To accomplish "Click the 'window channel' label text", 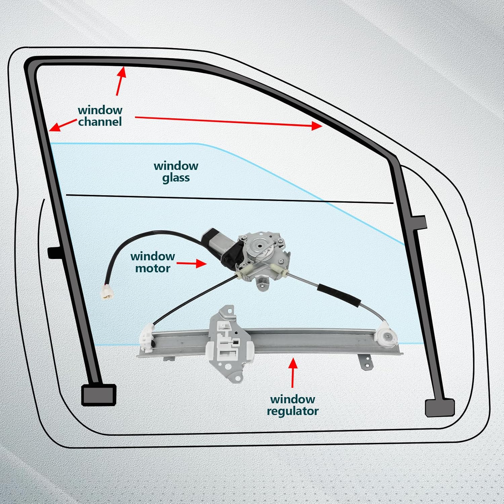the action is pos(100,116).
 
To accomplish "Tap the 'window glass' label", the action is pos(176,172).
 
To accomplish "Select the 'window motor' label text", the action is pos(153,262).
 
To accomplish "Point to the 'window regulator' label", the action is pos(293,405).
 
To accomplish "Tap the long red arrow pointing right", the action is pos(228,121).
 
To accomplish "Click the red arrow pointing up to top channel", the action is pos(121,81).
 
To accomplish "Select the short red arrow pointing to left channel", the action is pos(62,125).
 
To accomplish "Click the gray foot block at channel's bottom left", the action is pos(99,395).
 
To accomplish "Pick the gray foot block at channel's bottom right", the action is pos(439,408).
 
